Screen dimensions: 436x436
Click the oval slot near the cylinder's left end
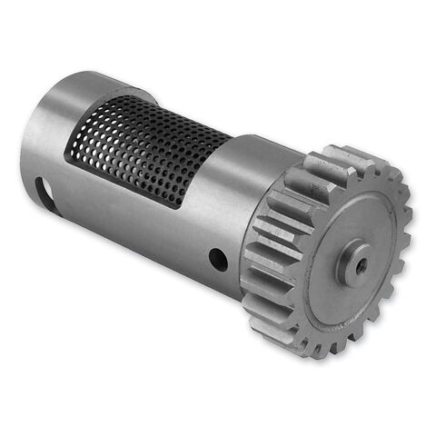42,192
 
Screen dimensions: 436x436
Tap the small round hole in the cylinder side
218,260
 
